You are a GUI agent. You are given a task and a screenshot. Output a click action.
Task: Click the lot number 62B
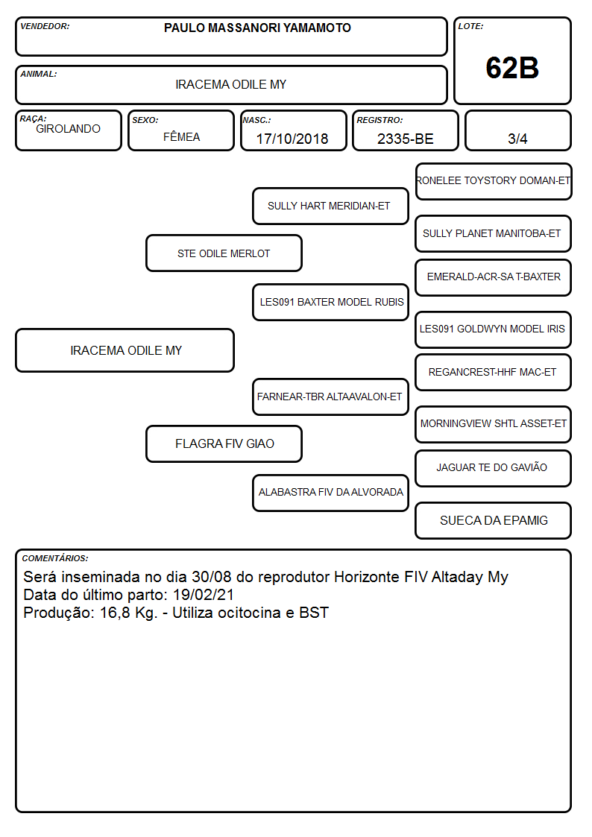click(512, 68)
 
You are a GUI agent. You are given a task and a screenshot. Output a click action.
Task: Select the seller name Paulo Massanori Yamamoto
click(257, 28)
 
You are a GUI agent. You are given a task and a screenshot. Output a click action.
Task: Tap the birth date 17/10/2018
click(292, 139)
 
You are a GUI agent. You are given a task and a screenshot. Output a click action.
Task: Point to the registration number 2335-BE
click(405, 139)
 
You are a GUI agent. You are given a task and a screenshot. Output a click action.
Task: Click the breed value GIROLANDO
click(68, 129)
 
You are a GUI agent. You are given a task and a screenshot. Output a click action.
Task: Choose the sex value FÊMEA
click(181, 136)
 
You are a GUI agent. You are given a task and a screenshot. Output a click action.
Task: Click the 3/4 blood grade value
click(517, 139)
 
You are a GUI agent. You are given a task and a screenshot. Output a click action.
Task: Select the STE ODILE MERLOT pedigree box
click(224, 253)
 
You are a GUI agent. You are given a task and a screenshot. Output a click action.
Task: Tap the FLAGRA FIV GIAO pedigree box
click(224, 443)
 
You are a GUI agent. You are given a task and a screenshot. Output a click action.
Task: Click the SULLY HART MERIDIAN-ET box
click(330, 206)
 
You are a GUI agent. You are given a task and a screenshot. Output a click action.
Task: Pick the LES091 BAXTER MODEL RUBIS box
click(330, 302)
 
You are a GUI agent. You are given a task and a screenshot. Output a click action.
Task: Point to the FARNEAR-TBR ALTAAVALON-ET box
click(330, 397)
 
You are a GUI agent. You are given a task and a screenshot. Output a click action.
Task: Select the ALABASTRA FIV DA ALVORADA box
click(330, 493)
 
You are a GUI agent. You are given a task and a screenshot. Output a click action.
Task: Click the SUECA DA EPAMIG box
click(494, 520)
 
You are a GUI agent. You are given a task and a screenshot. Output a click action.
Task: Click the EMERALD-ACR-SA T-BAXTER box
click(494, 277)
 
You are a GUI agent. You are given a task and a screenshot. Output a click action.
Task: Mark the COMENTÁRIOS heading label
click(55, 558)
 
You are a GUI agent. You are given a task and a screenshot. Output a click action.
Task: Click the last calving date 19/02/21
click(204, 595)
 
